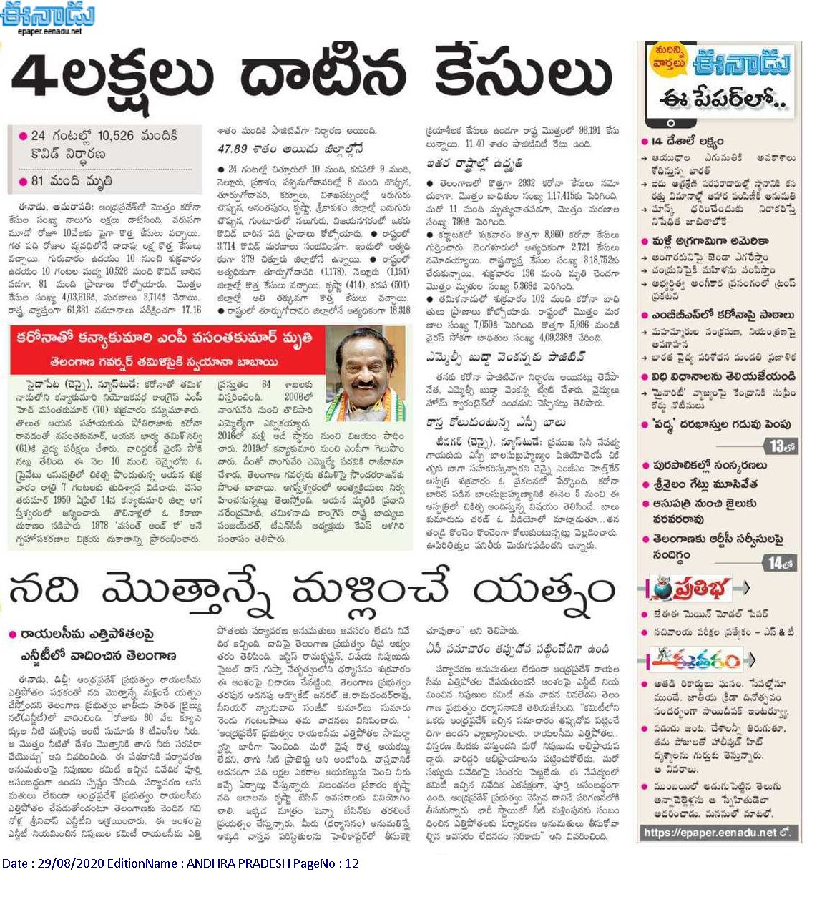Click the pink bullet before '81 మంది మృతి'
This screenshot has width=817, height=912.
click(24, 181)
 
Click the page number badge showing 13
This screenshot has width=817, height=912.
click(780, 446)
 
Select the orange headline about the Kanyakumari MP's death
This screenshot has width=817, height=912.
click(165, 339)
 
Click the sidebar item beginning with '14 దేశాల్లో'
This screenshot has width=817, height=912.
click(683, 142)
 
